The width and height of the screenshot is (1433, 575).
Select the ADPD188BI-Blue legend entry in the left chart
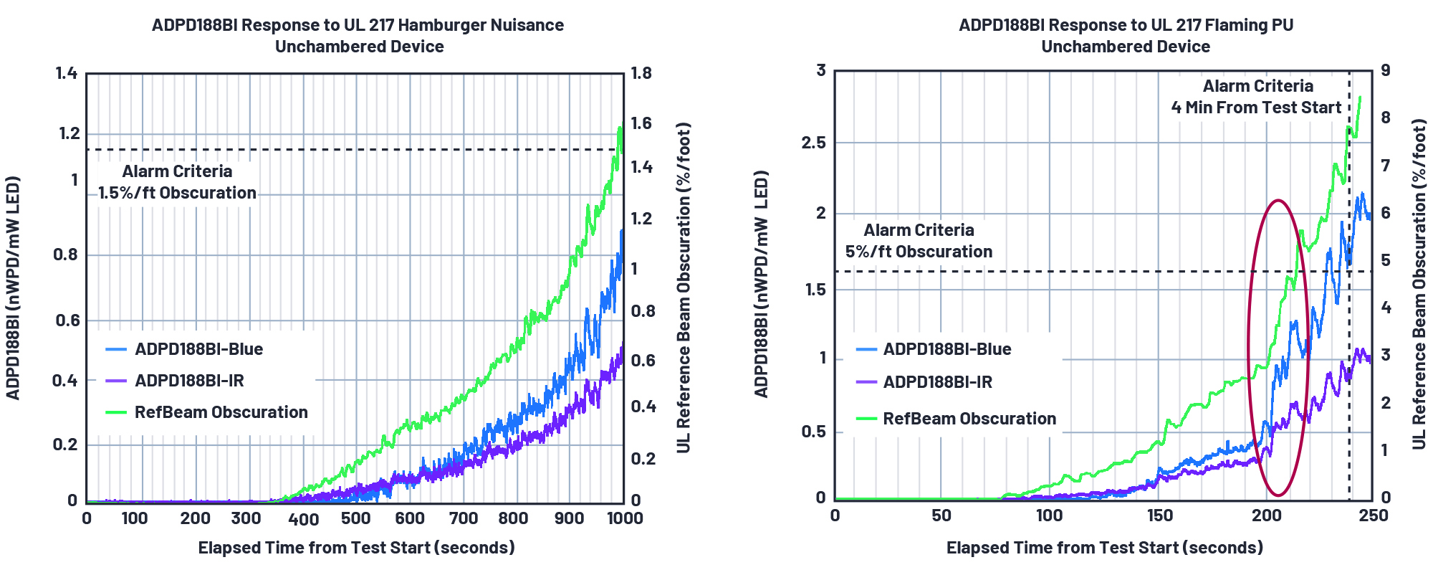[x=198, y=349]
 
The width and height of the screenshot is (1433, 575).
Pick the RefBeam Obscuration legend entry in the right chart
[x=969, y=419]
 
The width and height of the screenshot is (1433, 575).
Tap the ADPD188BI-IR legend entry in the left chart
[x=189, y=381]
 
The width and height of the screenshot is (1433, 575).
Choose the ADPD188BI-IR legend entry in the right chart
[x=937, y=382]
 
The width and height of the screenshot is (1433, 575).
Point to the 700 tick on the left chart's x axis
[x=463, y=518]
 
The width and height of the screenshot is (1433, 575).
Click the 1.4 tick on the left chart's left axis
[x=67, y=73]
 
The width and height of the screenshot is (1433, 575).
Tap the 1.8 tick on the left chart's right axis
[x=641, y=73]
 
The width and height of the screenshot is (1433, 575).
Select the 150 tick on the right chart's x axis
[x=1159, y=515]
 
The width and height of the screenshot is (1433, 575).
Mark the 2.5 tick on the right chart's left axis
[x=813, y=143]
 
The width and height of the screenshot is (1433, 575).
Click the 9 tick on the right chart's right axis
[x=1386, y=70]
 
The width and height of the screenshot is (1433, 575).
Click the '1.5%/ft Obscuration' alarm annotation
[x=177, y=193]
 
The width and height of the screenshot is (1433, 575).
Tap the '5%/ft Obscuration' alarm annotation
[x=919, y=252]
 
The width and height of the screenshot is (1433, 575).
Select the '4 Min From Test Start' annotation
[x=1256, y=108]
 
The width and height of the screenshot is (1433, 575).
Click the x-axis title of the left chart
[x=356, y=548]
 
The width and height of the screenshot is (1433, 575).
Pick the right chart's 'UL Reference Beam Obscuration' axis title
[x=1419, y=285]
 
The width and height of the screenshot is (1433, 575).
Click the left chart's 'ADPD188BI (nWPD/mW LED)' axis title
[x=13, y=287]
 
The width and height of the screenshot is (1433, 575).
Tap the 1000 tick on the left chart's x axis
[x=624, y=518]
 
